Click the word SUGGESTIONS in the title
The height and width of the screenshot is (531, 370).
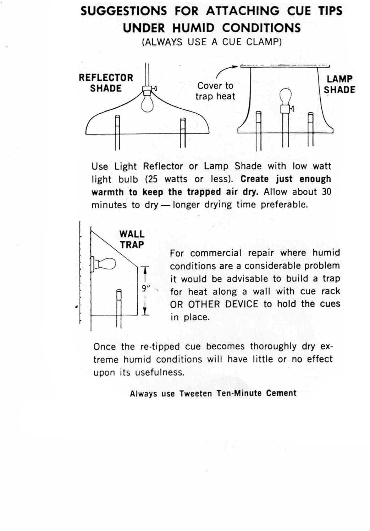pos(123,11)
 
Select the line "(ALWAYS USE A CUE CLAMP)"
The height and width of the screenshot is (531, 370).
pos(212,42)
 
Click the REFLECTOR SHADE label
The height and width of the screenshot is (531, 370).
pos(106,83)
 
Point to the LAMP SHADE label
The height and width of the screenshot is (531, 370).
pos(339,84)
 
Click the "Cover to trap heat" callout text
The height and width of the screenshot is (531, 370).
pos(215,91)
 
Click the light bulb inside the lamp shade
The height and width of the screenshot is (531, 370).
pos(286,95)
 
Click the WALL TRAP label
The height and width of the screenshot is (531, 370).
pos(132,239)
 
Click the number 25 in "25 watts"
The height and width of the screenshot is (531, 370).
pos(153,179)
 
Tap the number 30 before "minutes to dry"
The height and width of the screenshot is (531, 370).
pos(326,192)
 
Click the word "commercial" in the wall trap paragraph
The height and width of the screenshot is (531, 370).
pos(216,253)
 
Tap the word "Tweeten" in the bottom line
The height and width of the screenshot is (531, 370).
pos(195,394)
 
